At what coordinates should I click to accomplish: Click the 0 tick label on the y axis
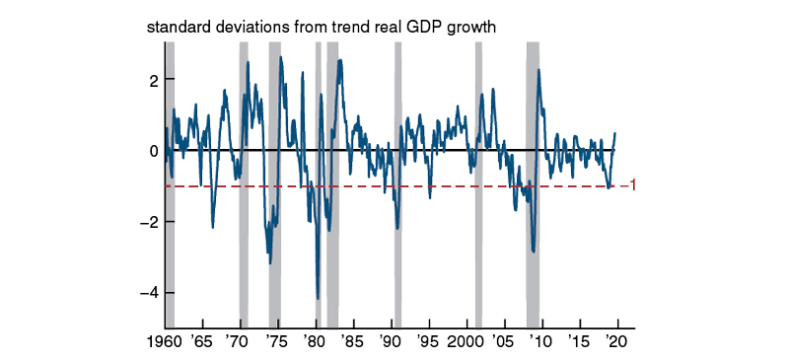pyautogui.click(x=152, y=151)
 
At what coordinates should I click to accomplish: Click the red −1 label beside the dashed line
pyautogui.click(x=626, y=185)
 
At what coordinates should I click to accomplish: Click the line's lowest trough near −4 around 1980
pyautogui.click(x=318, y=297)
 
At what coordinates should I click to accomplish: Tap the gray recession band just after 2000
pyautogui.click(x=478, y=197)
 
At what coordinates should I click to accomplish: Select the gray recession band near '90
pyautogui.click(x=397, y=197)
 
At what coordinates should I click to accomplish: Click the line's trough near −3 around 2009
pyautogui.click(x=534, y=252)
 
